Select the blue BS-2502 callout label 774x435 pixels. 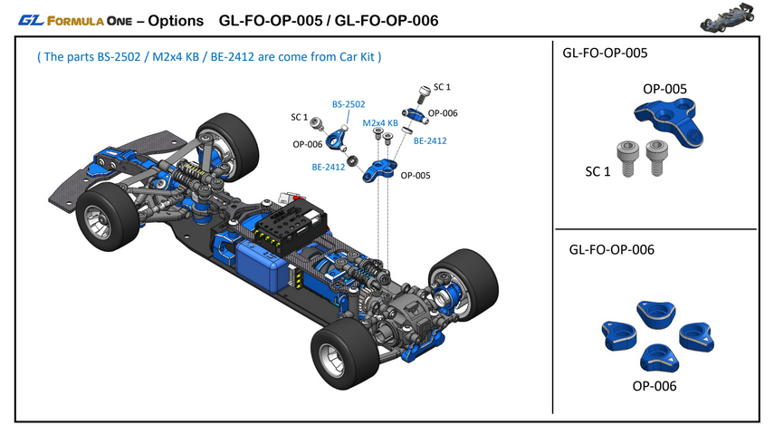[x=349, y=105]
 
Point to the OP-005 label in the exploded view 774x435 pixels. [x=414, y=175]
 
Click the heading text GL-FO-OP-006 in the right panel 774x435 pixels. [x=612, y=248]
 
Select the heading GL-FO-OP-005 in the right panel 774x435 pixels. [x=605, y=53]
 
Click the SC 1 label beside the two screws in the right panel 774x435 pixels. [x=598, y=169]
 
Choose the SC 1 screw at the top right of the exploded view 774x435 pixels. [x=423, y=92]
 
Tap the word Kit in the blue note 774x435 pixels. [x=367, y=57]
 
